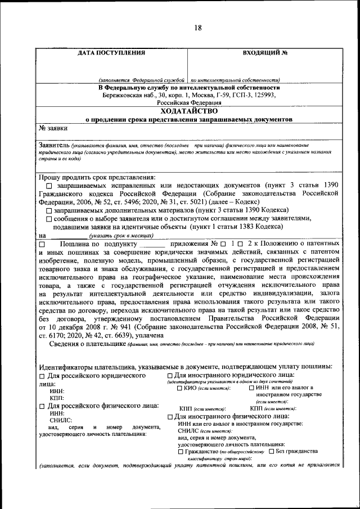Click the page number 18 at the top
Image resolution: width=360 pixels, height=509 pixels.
click(x=198, y=29)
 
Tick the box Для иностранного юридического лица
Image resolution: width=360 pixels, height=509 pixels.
click(x=170, y=375)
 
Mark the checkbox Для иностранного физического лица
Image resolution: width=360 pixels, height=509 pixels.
click(x=170, y=416)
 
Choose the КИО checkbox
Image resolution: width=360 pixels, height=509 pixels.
click(x=179, y=388)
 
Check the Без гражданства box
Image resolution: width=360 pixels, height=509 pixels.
click(x=272, y=452)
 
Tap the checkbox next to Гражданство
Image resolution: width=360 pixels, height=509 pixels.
click(x=180, y=452)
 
